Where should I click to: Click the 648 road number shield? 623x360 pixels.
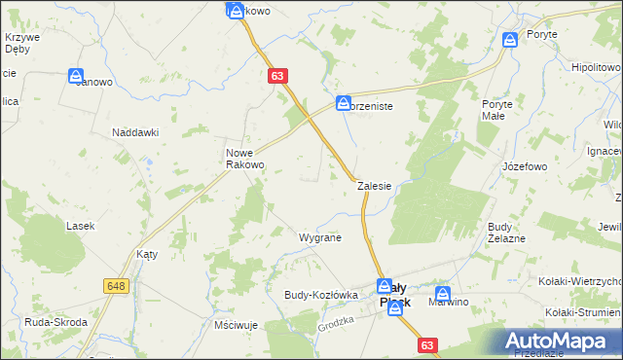click(x=117, y=285)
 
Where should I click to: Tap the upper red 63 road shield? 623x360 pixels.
click(x=278, y=75)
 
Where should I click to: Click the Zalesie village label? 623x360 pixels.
click(x=374, y=185)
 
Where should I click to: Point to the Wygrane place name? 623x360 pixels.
click(x=319, y=236)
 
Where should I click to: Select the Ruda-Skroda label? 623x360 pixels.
click(x=56, y=322)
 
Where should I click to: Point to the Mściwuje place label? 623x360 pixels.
click(x=234, y=324)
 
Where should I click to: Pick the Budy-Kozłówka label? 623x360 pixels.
click(x=321, y=294)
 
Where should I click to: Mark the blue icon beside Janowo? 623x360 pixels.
click(x=76, y=76)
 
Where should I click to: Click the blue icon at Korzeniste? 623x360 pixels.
click(x=344, y=102)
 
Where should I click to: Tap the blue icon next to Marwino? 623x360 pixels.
click(x=443, y=293)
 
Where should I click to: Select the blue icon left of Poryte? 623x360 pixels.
click(x=509, y=40)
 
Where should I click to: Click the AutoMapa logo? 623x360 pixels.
click(x=560, y=341)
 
